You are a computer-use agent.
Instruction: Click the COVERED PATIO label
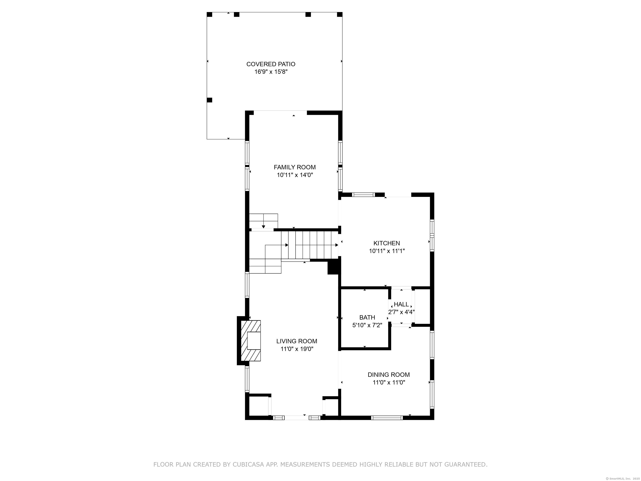pos(271,64)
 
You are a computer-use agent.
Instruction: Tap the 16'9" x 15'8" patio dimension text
pos(271,72)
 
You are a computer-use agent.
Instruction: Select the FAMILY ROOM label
pos(295,167)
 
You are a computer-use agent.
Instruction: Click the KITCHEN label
pos(387,243)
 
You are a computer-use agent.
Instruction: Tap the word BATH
pos(367,318)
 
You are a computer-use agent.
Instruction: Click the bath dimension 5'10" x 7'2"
pos(367,325)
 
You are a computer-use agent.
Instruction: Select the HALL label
pos(401,304)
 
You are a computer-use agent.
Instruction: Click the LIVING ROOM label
pos(297,341)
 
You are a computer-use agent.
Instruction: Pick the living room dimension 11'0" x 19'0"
pos(297,349)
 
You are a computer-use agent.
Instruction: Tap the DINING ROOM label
pos(389,375)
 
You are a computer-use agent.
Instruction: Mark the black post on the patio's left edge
pos(209,100)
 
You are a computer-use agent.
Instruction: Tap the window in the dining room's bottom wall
pos(387,418)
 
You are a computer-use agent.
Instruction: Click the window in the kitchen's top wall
pos(363,195)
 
